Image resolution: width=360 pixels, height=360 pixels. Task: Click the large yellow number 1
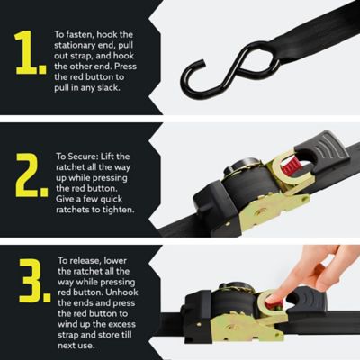tap(30, 55)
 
